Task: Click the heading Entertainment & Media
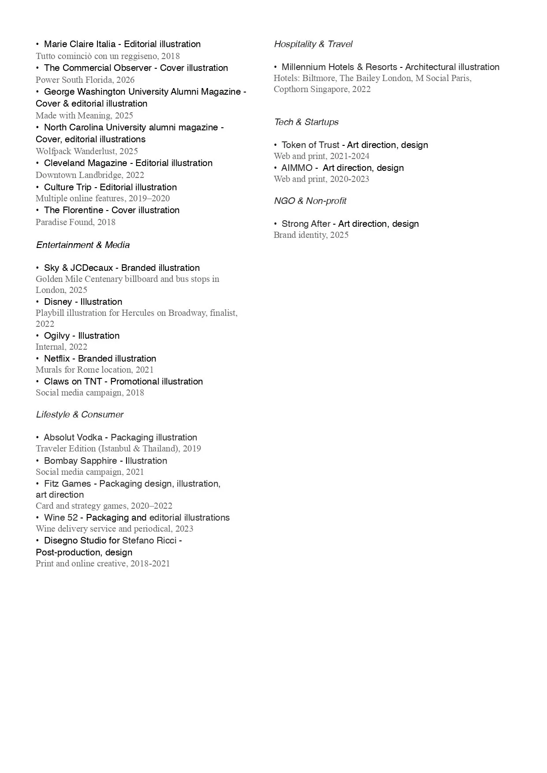(83, 245)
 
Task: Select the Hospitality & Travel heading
(313, 44)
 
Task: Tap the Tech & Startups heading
(306, 122)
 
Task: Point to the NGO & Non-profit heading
(310, 201)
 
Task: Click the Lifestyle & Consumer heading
(80, 414)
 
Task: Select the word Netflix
(57, 359)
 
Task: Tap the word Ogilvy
(57, 336)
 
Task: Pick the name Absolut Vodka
(73, 437)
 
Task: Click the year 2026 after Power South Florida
(125, 80)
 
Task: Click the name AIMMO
(297, 168)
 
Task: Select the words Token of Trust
(310, 145)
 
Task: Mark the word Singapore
(328, 89)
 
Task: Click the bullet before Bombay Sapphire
(37, 461)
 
